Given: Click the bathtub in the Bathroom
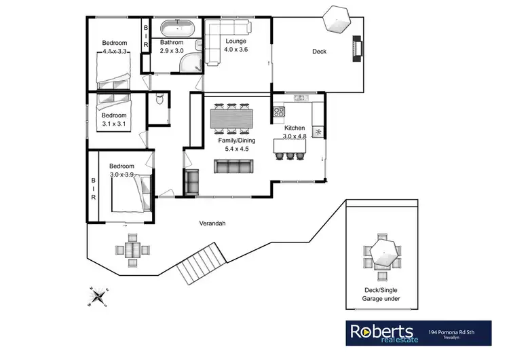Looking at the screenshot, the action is (x=178, y=29).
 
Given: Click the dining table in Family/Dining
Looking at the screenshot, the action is (x=231, y=119).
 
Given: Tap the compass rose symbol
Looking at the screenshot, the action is (x=100, y=295).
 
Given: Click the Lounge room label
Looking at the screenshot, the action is (x=235, y=41).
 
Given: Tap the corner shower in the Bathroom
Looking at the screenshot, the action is (x=192, y=63).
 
